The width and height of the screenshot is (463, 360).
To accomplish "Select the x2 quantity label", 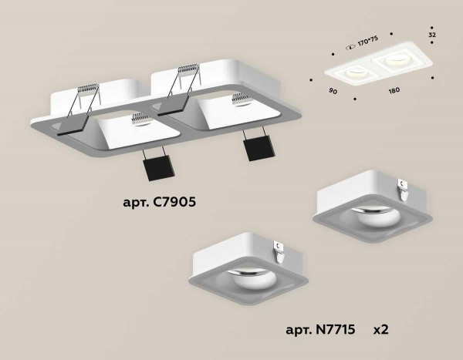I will [x=380, y=330].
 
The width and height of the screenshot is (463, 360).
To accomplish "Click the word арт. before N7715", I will [x=296, y=330].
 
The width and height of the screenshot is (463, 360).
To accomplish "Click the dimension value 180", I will [x=394, y=92].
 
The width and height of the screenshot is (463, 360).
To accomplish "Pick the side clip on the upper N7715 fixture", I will [x=403, y=184].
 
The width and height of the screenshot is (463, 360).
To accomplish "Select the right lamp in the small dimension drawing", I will [x=397, y=58].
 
